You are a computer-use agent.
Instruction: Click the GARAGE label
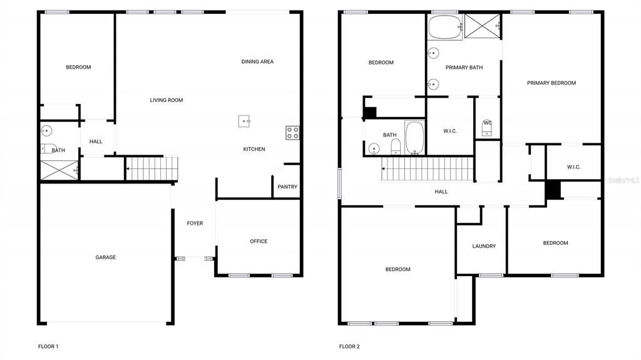(105, 257)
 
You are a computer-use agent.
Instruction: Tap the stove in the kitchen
(292, 132)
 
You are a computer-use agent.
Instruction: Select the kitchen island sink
(244, 121)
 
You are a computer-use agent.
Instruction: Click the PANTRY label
(287, 187)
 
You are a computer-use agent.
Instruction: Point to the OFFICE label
(259, 241)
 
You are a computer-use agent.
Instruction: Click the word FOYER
(195, 223)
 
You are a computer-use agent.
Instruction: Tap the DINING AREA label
(257, 61)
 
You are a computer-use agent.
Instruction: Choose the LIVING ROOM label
(167, 100)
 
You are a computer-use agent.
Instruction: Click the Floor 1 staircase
(152, 168)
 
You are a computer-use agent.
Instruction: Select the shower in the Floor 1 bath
(59, 170)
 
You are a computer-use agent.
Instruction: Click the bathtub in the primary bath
(445, 27)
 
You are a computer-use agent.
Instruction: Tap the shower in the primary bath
(482, 26)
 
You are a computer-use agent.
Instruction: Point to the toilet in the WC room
(488, 129)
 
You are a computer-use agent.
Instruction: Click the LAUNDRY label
(484, 246)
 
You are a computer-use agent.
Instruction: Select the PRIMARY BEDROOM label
(551, 83)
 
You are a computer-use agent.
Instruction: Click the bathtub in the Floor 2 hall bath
(414, 138)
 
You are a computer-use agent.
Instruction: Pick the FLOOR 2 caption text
(349, 346)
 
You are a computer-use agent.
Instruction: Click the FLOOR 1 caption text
(48, 346)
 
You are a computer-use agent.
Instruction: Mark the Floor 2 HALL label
(441, 192)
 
